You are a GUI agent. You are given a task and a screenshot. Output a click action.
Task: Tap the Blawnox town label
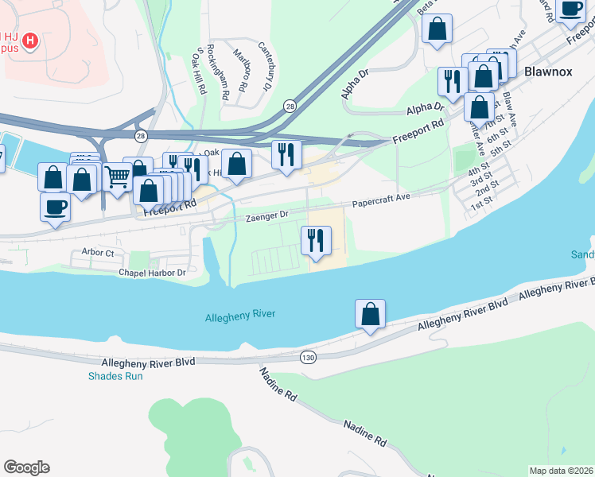click(548, 72)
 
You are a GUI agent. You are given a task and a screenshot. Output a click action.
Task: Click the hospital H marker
click(30, 41)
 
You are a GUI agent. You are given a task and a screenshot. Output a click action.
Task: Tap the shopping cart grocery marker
click(117, 177)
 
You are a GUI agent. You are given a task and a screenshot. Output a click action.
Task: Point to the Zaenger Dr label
click(266, 215)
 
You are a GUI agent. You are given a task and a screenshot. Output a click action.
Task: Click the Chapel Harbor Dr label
click(151, 273)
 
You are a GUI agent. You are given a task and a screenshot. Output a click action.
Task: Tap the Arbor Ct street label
click(98, 252)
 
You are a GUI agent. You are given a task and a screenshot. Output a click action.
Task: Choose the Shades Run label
click(115, 376)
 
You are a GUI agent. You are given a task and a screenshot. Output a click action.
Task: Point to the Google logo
click(26, 467)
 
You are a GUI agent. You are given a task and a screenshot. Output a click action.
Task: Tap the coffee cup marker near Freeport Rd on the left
click(55, 207)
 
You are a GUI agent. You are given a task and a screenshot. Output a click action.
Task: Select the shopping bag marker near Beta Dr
click(437, 29)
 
